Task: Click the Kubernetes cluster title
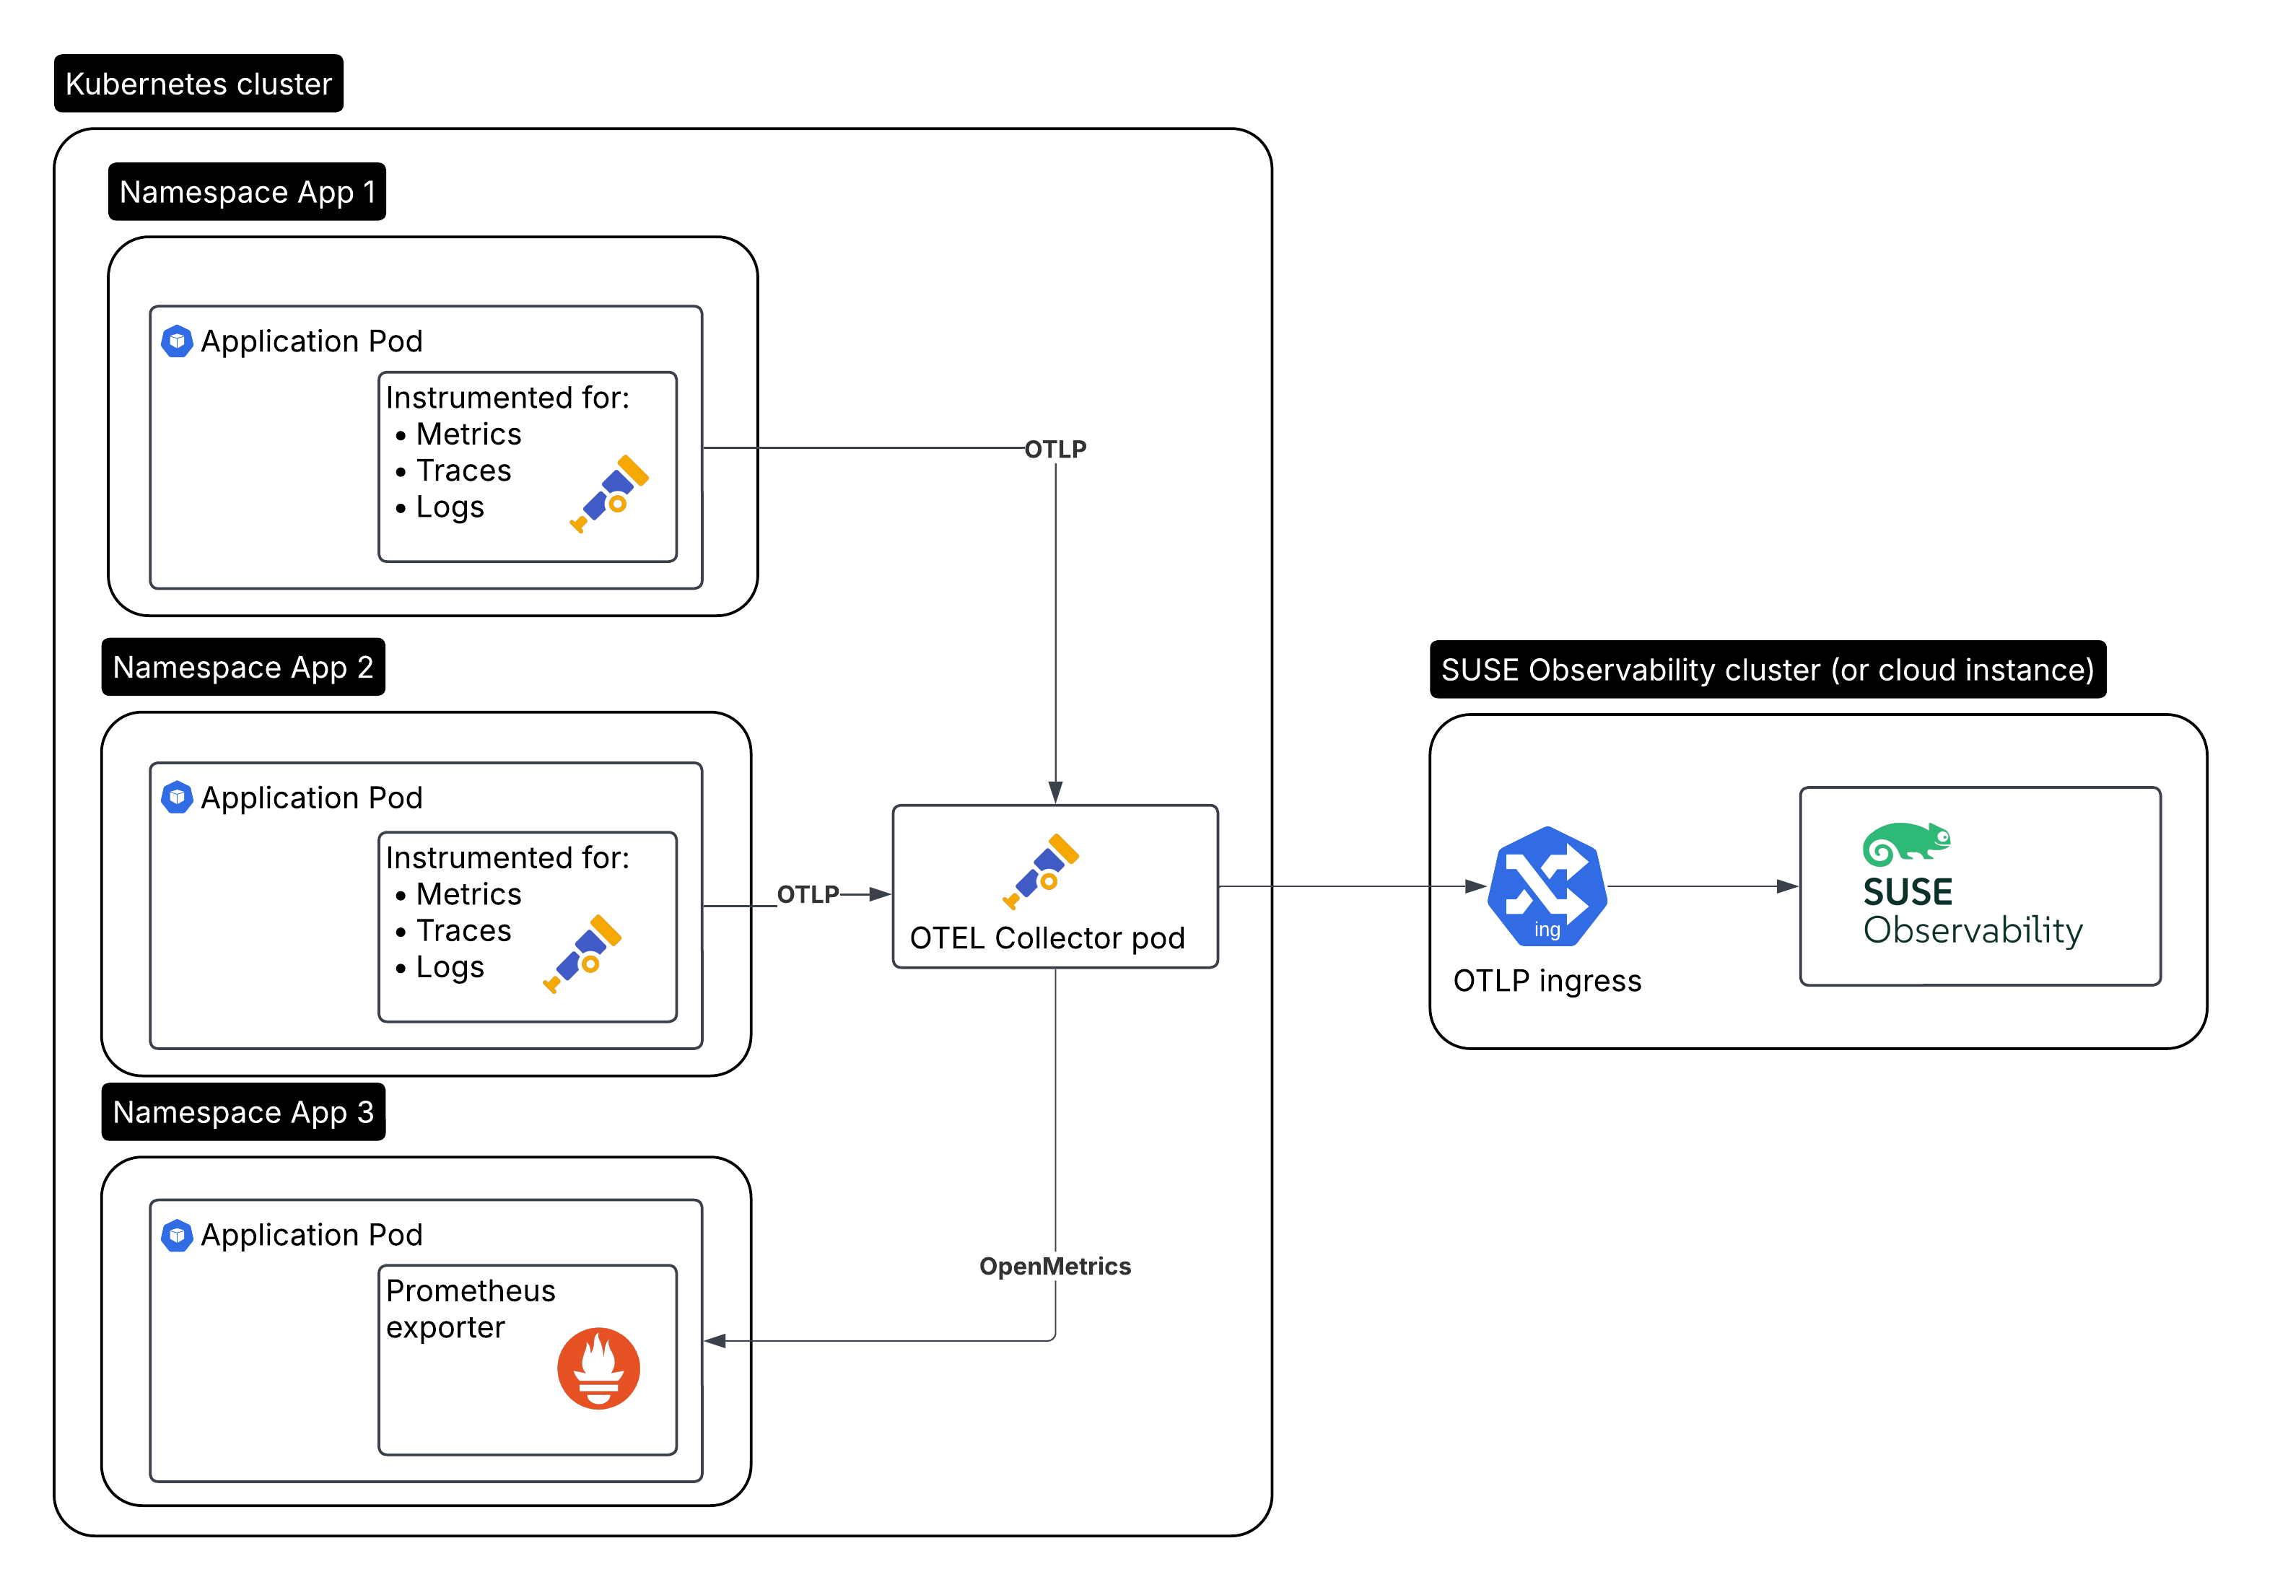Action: click(x=198, y=84)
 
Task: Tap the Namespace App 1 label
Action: click(x=248, y=192)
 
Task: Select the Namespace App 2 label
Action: click(x=243, y=668)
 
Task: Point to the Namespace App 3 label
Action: click(x=243, y=1112)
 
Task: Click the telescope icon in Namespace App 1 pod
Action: click(x=609, y=494)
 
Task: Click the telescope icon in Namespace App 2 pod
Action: click(x=582, y=953)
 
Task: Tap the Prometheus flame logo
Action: click(x=598, y=1368)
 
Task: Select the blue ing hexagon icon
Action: click(x=1547, y=886)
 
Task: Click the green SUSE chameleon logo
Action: click(x=1905, y=843)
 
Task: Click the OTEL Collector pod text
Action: click(x=1047, y=938)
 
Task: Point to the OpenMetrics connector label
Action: click(x=1054, y=1266)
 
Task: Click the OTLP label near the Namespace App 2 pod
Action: click(x=808, y=894)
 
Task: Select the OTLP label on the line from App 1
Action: click(x=1055, y=450)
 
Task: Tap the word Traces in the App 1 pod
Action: click(x=463, y=471)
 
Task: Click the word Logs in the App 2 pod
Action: click(x=450, y=967)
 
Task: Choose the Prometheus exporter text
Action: click(x=471, y=1309)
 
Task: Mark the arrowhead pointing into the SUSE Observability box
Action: click(x=1786, y=886)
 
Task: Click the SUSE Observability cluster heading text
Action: click(x=1767, y=670)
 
